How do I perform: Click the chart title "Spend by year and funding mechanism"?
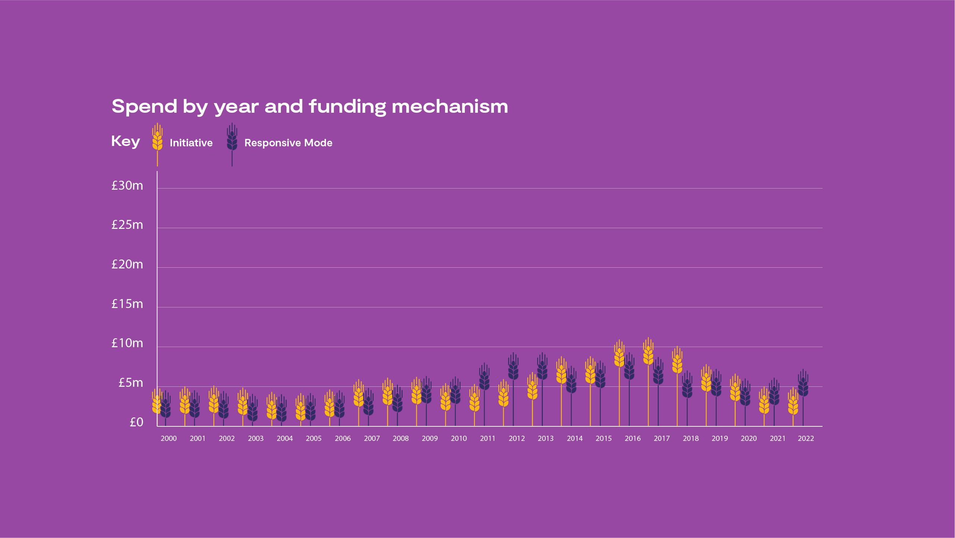310,107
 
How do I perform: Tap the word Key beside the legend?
126,142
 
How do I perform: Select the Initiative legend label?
191,143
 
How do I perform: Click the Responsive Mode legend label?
288,143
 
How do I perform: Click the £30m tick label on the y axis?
127,186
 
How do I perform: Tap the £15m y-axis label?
127,304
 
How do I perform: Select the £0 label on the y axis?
136,422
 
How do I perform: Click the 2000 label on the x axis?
169,439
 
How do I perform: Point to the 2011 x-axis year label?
488,439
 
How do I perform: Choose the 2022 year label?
806,439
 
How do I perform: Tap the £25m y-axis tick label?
127,225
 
